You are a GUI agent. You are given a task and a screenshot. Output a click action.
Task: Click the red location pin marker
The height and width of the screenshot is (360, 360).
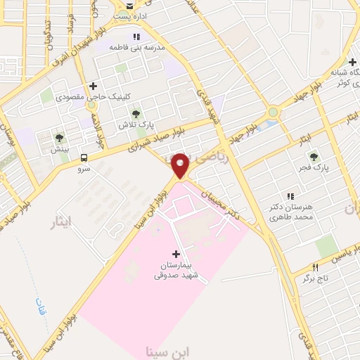tap(181, 165)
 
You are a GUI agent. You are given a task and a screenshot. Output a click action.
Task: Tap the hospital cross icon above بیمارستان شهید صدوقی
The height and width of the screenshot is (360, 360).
tap(176, 253)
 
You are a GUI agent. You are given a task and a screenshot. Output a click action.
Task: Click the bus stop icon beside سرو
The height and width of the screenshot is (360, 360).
tap(84, 157)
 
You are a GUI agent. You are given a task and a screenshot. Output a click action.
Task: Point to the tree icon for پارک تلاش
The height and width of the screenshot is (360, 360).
tap(136, 113)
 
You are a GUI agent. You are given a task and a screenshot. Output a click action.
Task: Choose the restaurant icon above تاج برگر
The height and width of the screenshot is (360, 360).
tap(315, 267)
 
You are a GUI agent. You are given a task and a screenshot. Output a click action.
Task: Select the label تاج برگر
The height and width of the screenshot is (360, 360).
tap(316, 278)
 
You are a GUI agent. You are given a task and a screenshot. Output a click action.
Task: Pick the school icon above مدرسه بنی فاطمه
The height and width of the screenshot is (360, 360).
tap(136, 37)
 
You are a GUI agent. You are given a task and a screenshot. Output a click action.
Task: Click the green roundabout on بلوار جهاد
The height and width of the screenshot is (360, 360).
tap(273, 112)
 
